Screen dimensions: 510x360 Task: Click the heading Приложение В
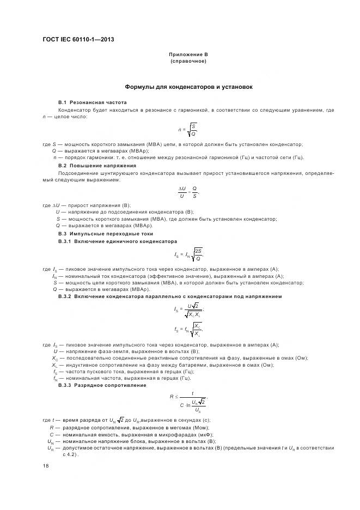188,54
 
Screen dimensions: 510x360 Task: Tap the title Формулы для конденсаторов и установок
188,87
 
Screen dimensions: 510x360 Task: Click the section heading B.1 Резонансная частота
92,102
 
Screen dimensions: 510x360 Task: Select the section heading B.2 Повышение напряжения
97,165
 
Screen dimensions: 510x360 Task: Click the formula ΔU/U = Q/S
188,192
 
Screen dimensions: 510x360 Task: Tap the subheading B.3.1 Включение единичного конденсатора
118,241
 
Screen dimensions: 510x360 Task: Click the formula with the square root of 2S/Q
188,254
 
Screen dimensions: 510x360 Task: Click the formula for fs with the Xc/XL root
188,329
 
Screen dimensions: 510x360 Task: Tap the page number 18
45,465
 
